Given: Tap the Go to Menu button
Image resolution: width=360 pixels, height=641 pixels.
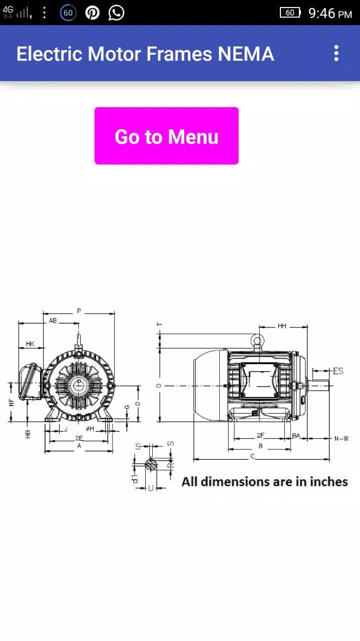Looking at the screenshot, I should [166, 136].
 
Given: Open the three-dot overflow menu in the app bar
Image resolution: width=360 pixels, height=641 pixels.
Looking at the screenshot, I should [336, 53].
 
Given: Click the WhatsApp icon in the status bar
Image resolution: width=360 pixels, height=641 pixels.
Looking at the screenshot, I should [116, 13].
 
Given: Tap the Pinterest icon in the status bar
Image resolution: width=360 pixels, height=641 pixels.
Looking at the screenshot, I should [92, 13].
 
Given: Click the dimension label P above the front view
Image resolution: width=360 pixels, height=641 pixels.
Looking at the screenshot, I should [79, 311].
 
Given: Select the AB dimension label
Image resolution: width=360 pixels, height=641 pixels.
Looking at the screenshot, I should [53, 320].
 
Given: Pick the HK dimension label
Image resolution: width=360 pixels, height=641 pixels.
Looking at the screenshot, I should [30, 344].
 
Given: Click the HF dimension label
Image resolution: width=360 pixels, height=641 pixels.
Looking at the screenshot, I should [11, 402].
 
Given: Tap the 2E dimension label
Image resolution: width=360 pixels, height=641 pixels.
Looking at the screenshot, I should [79, 438].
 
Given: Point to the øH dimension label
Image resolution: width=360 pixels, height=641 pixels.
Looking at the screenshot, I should [90, 429].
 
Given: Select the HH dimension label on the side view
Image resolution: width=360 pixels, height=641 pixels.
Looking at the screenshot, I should [282, 326].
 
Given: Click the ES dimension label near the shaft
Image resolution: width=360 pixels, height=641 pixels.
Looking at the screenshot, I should [338, 371].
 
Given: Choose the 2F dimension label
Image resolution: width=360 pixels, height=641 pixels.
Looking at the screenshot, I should [260, 436].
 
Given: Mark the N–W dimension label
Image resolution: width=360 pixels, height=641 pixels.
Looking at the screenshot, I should [341, 439].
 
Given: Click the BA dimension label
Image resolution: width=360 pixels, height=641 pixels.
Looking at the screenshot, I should [296, 436].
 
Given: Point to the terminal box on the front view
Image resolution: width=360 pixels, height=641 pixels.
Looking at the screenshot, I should [30, 382].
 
